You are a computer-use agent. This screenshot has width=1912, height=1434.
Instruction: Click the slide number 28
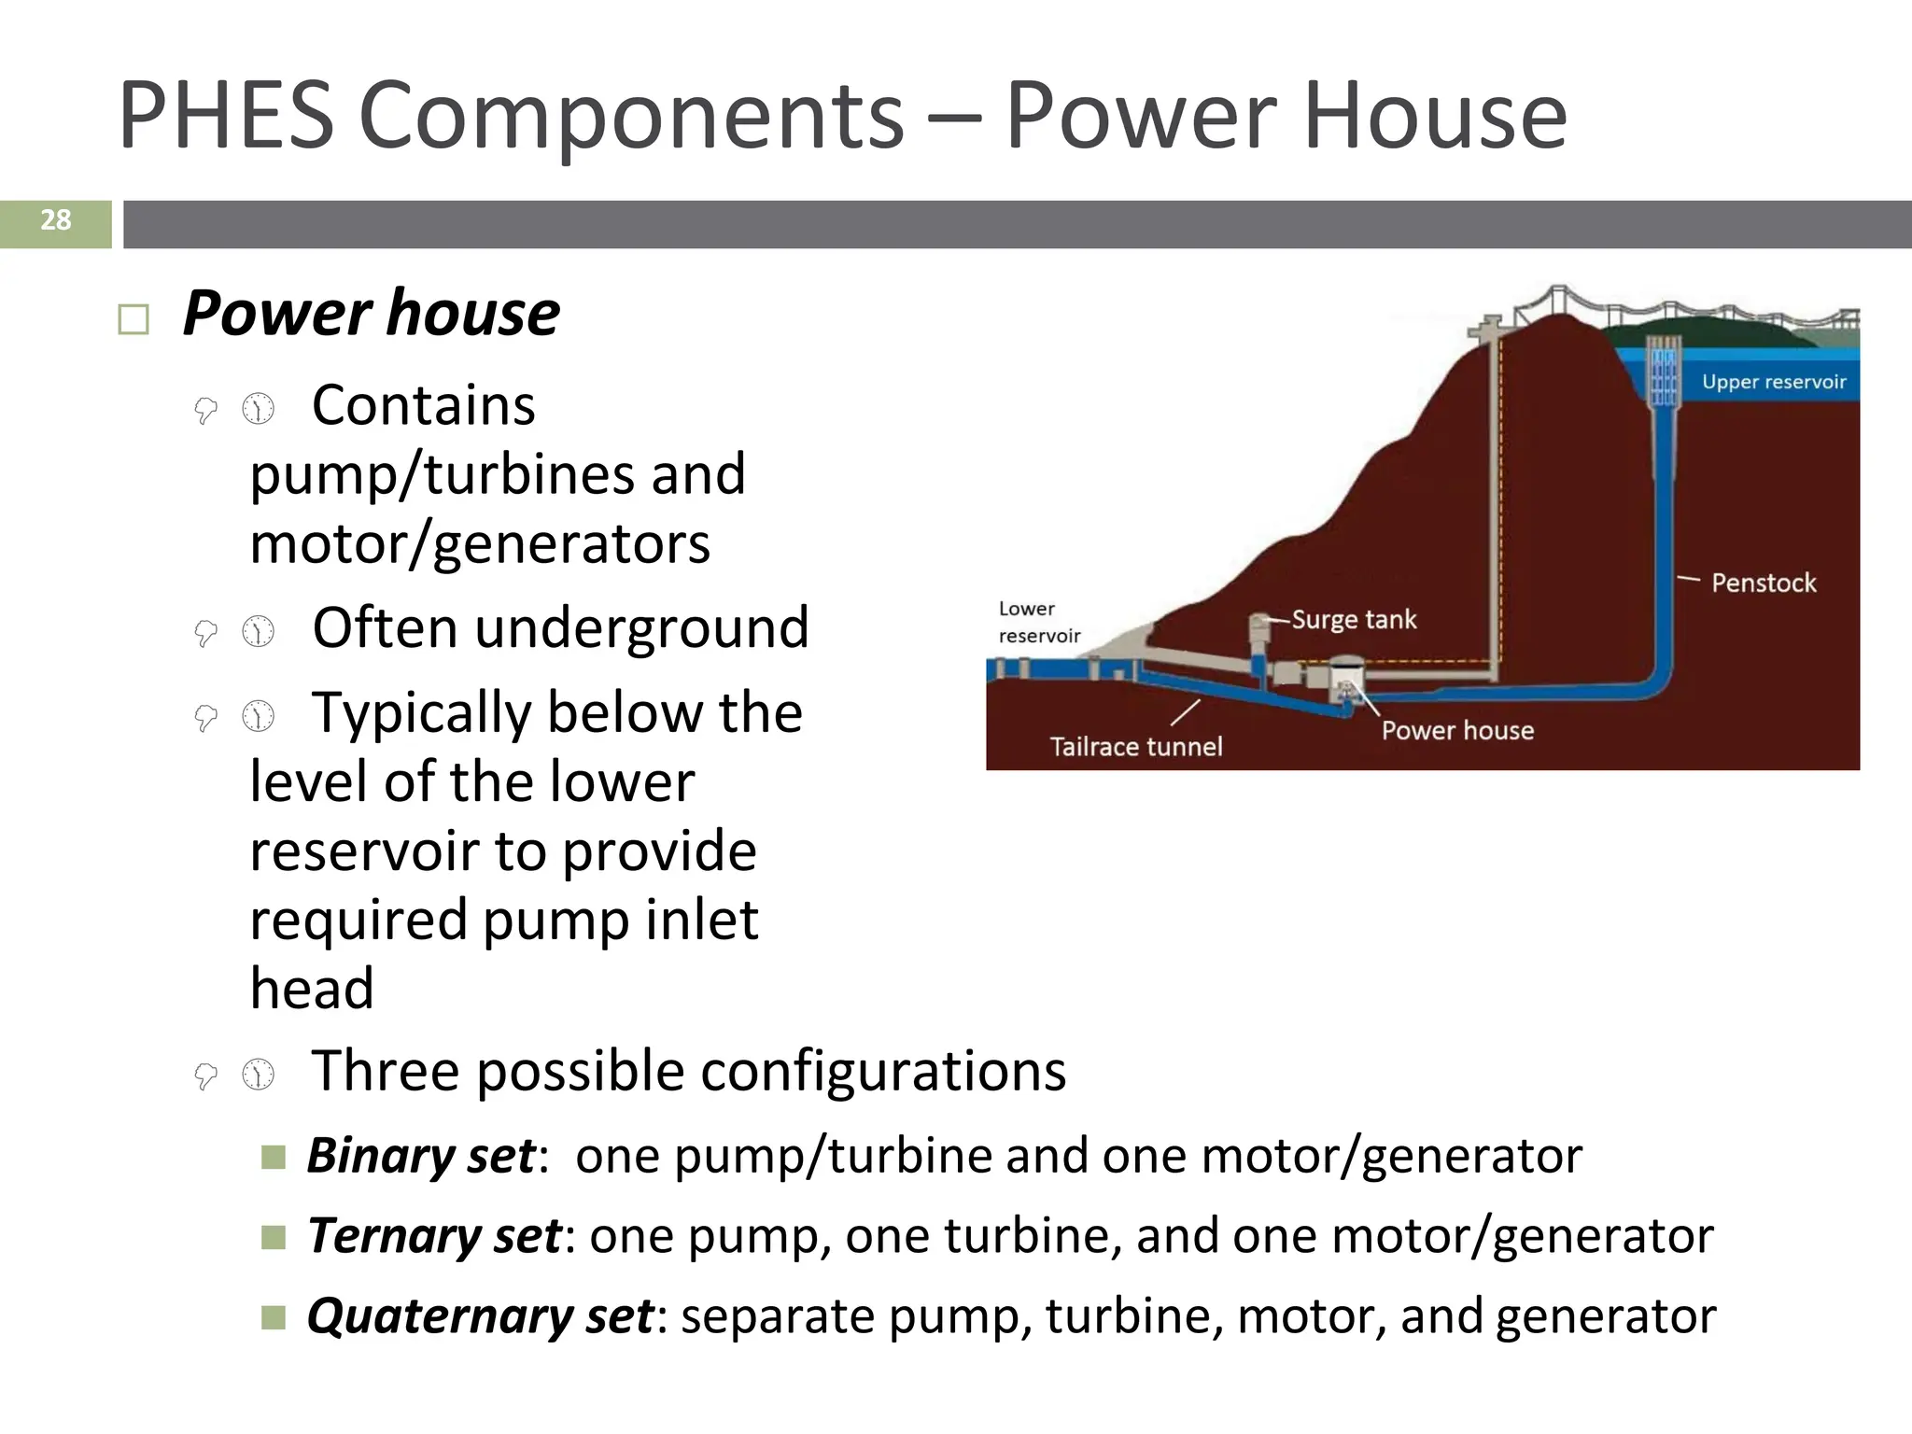[55, 220]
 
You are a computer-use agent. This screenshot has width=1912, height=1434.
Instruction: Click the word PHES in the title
[226, 116]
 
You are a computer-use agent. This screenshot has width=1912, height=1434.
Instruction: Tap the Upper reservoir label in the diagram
[1773, 382]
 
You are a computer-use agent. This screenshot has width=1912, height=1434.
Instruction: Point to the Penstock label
[1763, 583]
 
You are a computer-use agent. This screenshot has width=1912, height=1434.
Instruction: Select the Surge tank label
[1354, 620]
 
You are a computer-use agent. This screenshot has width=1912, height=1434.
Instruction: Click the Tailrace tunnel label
[1135, 747]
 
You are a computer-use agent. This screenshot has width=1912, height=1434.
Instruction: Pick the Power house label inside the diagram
[1456, 730]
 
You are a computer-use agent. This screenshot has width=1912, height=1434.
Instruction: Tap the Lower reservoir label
[1038, 623]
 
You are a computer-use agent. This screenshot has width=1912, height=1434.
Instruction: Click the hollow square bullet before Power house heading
[134, 320]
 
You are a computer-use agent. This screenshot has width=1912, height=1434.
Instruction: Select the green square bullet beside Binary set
[273, 1158]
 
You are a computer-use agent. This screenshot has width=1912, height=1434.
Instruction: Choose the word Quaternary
[439, 1316]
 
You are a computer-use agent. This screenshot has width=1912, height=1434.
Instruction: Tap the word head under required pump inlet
[312, 989]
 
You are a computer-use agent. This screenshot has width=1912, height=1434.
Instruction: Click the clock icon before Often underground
[259, 632]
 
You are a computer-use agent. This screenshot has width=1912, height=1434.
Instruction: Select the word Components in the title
[631, 116]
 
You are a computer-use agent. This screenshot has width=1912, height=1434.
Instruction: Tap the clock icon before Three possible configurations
[259, 1075]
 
